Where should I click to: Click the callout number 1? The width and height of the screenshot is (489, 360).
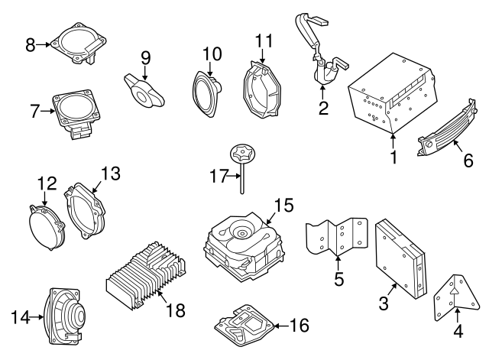point(394,159)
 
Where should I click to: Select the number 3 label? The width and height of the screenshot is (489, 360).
point(384,303)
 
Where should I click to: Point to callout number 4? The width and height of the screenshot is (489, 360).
point(458,331)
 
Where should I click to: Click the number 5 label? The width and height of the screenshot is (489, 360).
point(338,280)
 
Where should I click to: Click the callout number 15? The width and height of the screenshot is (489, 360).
point(283,205)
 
